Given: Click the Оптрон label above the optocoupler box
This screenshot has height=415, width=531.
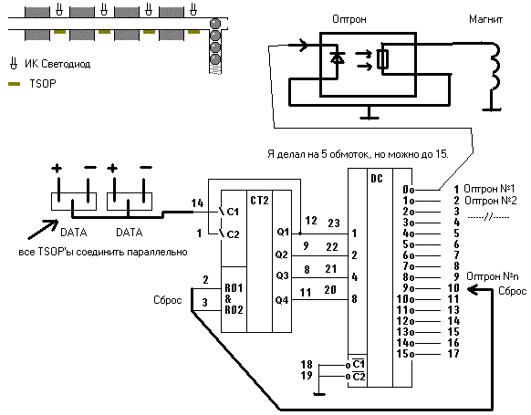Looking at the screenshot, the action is point(349,19).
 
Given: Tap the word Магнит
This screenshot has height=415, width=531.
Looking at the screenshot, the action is point(485,19).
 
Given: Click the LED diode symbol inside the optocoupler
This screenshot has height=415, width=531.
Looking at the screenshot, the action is point(338,58).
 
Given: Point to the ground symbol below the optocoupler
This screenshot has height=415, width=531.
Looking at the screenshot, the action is point(370,113).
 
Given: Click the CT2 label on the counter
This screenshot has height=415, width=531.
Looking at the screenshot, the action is point(259,201).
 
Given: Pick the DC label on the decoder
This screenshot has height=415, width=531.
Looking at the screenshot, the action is point(377,179).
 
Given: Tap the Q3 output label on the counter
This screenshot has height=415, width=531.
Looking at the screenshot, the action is point(282,275).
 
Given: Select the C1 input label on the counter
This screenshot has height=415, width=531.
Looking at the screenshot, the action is point(233,212).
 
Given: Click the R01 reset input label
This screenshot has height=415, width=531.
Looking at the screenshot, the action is point(234,288).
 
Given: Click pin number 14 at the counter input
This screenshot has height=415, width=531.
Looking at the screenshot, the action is point(197,203).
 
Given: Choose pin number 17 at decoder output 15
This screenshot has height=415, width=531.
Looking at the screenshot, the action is point(453,354).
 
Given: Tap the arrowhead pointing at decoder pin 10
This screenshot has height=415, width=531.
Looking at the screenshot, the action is point(473,290).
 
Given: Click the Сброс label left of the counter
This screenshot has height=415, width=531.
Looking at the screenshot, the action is point(168,300).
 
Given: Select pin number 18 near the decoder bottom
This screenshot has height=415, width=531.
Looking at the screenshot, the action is point(307,364).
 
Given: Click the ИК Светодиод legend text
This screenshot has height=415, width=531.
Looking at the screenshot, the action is point(57,64).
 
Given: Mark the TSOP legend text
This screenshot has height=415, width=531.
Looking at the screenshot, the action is point(43,84).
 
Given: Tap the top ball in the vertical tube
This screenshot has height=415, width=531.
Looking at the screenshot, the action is point(215,24).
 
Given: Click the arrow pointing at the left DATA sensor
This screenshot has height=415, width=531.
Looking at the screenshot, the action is point(43,230).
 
